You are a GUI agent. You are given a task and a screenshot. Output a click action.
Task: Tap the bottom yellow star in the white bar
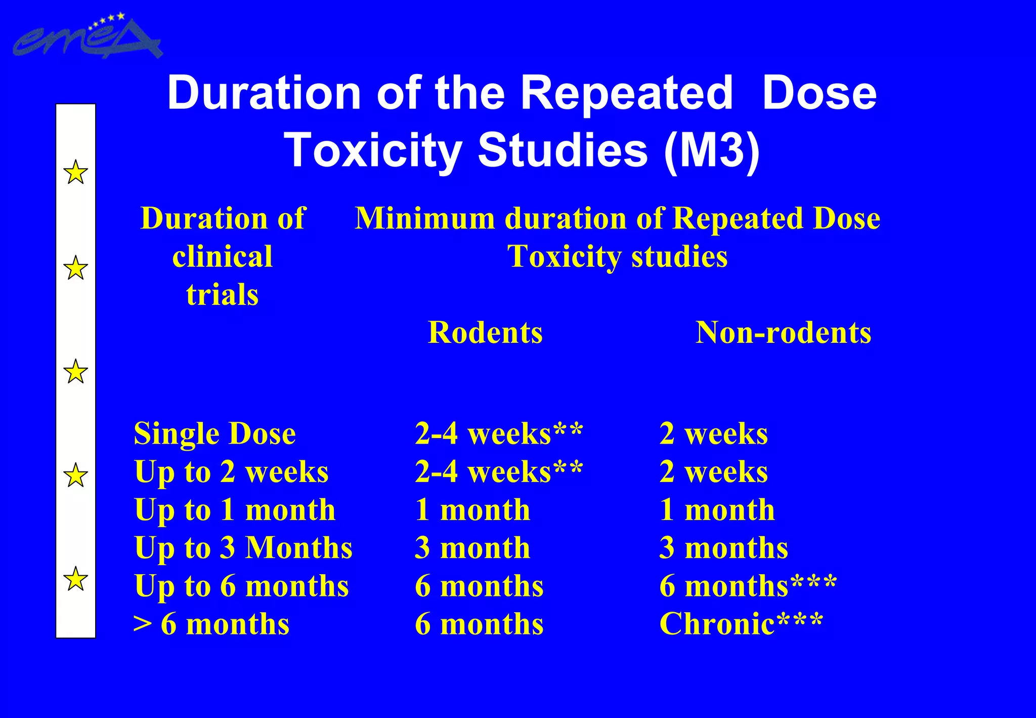(x=75, y=578)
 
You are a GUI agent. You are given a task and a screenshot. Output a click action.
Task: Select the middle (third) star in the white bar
(x=75, y=371)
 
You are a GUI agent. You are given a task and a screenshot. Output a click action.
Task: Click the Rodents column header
(x=485, y=333)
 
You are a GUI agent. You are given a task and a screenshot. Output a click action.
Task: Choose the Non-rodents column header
(x=783, y=333)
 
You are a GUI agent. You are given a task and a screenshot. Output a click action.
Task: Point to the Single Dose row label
(x=214, y=434)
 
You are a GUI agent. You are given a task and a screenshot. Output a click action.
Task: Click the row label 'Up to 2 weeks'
(x=231, y=472)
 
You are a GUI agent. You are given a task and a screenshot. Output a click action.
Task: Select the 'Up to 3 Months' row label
(x=243, y=548)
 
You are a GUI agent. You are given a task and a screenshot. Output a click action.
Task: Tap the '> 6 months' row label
(x=211, y=624)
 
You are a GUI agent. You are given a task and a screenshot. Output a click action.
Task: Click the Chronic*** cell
(x=741, y=624)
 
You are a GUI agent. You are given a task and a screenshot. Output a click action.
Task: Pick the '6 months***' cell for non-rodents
(x=748, y=586)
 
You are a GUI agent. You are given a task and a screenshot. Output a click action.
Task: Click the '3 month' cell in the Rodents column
(x=472, y=548)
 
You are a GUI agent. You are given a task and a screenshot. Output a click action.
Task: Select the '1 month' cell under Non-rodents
(x=717, y=510)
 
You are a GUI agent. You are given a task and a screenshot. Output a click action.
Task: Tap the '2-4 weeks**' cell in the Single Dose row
(x=499, y=434)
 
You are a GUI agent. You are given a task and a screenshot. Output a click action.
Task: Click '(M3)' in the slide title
(x=712, y=150)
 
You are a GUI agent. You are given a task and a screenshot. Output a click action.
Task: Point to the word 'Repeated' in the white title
(x=626, y=93)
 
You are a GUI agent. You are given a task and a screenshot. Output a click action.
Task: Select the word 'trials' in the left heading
(x=222, y=295)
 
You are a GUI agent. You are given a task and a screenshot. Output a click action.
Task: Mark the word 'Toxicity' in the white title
(x=373, y=150)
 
